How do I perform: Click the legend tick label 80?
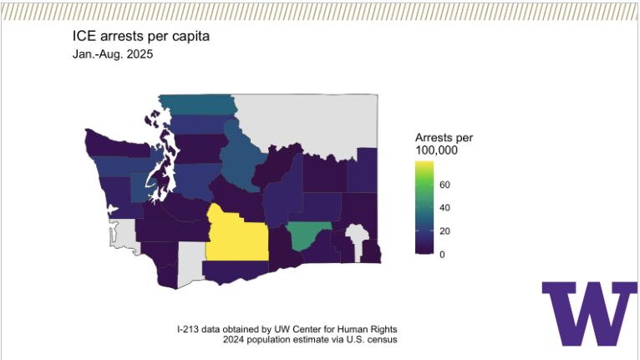pos(445,184)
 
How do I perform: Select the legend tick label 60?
pos(445,195)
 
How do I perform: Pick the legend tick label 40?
pos(445,207)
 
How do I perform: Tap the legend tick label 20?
pos(445,231)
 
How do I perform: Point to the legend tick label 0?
pos(442,254)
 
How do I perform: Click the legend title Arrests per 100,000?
pos(444,143)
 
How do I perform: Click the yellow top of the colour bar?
pos(424,167)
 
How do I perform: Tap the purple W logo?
pos(588,314)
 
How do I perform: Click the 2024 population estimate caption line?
pos(309,340)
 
